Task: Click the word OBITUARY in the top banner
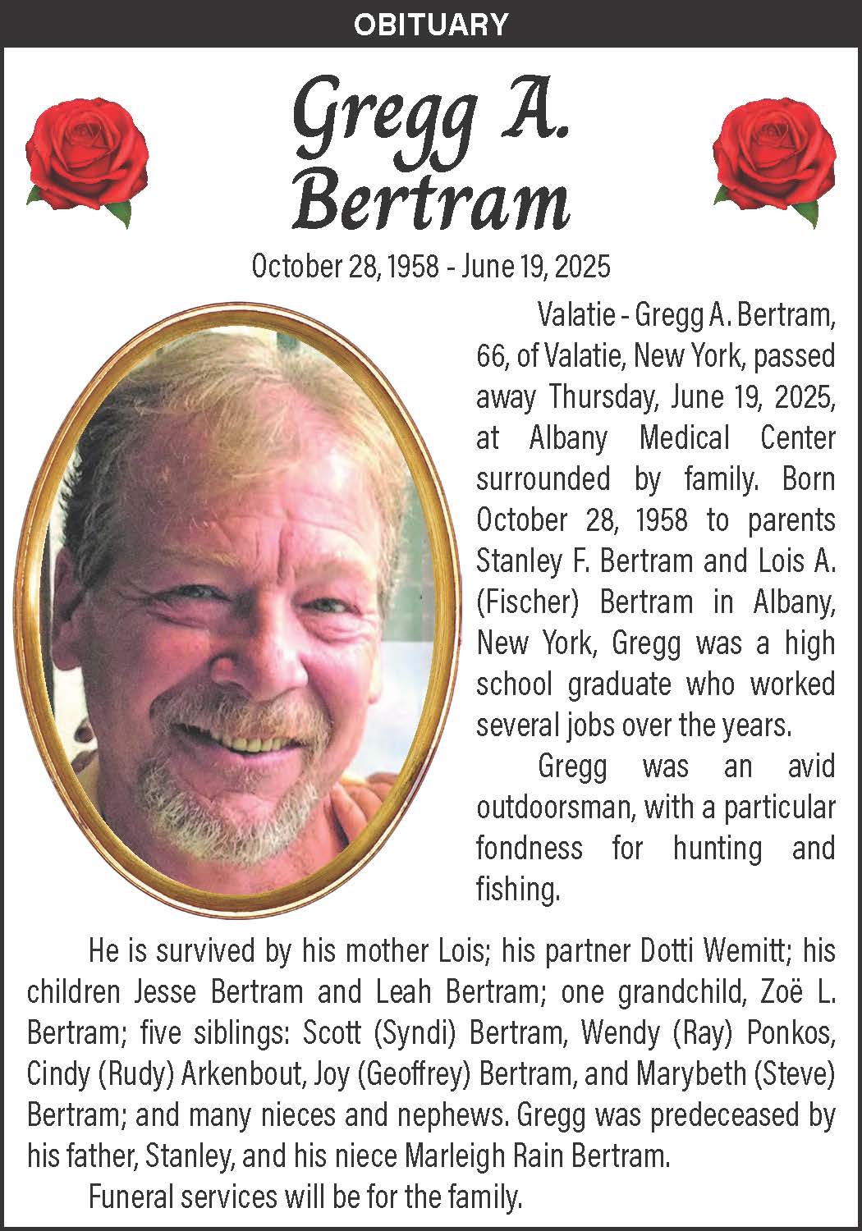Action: click(431, 24)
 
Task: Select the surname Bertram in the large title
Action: click(431, 201)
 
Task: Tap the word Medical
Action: click(684, 438)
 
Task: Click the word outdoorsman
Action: click(555, 808)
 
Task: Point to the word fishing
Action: click(517, 890)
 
